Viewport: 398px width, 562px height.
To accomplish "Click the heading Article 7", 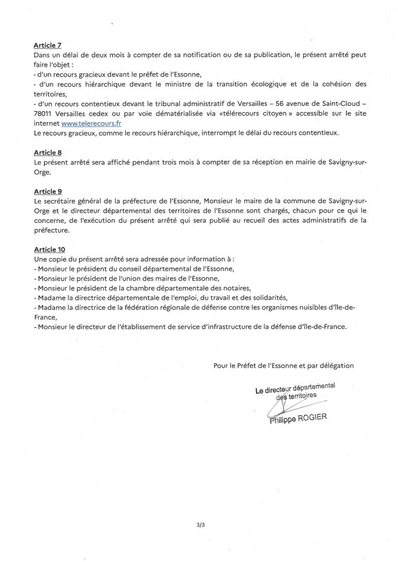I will pyautogui.click(x=47, y=46).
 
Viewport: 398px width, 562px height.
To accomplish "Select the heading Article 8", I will pyautogui.click(x=47, y=153).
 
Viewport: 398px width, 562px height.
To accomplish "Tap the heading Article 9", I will pyautogui.click(x=47, y=191).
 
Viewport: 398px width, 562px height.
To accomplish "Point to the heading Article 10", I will pyautogui.click(x=49, y=249).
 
